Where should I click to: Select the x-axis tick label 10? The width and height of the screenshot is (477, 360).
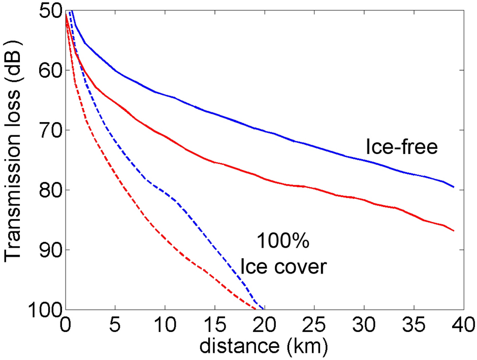pyautogui.click(x=165, y=324)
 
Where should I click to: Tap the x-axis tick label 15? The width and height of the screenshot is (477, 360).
pyautogui.click(x=214, y=324)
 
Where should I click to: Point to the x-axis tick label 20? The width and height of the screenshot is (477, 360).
pyautogui.click(x=264, y=324)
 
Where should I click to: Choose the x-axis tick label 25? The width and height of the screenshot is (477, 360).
pyautogui.click(x=314, y=324)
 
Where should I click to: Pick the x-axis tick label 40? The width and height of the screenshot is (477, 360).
pyautogui.click(x=461, y=324)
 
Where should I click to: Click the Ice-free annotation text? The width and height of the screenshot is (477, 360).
pyautogui.click(x=402, y=147)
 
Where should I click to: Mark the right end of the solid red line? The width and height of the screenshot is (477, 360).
pyautogui.click(x=453, y=231)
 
